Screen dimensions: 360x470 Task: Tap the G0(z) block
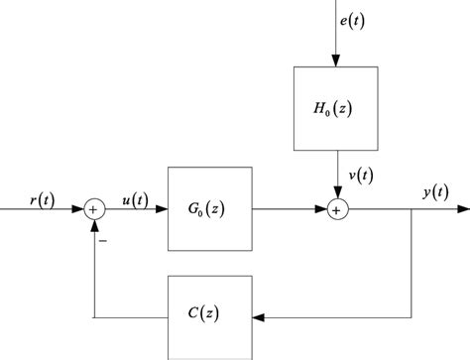(x=211, y=209)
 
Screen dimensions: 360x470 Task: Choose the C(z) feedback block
(x=211, y=315)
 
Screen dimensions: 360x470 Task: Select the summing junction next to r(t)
(x=94, y=209)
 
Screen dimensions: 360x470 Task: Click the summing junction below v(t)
(x=336, y=209)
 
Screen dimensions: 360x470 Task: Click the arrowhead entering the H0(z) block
(x=336, y=60)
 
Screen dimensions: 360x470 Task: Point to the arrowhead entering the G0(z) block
(x=163, y=209)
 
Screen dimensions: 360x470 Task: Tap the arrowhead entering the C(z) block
(x=260, y=316)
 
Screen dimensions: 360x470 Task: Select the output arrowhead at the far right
(x=462, y=209)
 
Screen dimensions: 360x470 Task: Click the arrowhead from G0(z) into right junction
(x=319, y=209)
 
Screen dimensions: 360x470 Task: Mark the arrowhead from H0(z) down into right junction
(x=336, y=192)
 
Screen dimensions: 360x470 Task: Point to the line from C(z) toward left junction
(x=129, y=316)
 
